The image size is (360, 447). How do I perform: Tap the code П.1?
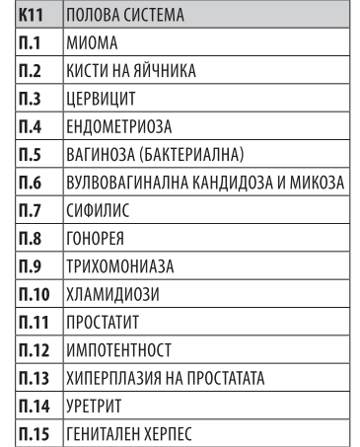pos(29,45)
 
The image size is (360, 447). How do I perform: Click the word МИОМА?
pos(91,45)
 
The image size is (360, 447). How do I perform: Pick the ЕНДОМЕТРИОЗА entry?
pos(118,128)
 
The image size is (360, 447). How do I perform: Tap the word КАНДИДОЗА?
pos(223,184)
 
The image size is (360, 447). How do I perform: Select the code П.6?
pos(30,184)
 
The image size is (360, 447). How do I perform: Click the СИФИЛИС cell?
pos(98,211)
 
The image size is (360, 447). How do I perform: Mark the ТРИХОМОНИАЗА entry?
pos(119,266)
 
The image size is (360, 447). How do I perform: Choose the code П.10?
pos(33,294)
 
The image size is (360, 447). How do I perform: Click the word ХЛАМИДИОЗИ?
pos(112,294)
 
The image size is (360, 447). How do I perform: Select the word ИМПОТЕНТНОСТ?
pos(118,349)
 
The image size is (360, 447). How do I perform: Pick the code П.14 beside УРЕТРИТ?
pos(33,405)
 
